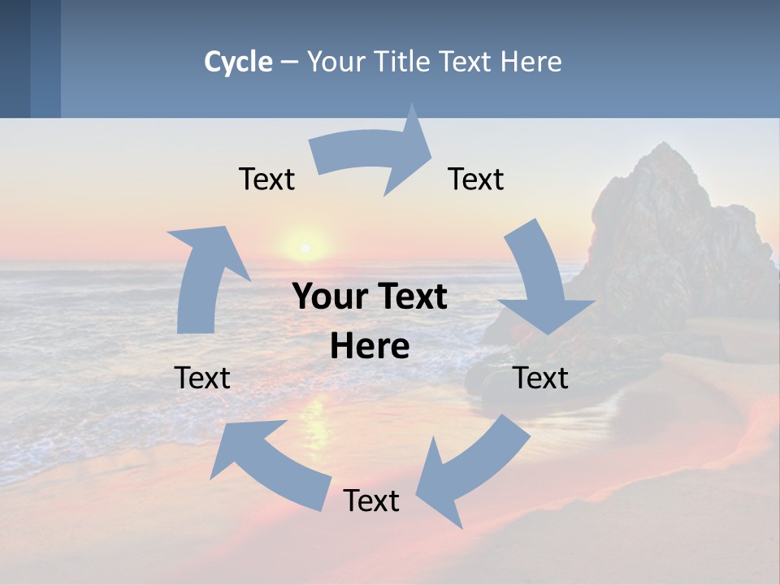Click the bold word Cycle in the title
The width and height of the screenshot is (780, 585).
point(238,62)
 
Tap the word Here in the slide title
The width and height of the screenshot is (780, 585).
point(531,62)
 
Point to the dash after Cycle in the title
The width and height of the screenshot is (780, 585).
point(289,63)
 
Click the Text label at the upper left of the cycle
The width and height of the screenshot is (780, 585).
point(266,179)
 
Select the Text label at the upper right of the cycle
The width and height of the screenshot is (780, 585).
point(476,179)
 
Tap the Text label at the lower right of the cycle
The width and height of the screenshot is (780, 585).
point(541,378)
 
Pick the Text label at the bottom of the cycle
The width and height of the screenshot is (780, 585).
point(371,500)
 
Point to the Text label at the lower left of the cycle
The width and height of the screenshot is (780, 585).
point(202,378)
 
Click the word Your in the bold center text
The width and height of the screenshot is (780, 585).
point(325,297)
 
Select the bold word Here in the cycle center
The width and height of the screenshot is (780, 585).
point(370,347)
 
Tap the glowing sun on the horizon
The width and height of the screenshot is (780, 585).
point(305,246)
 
